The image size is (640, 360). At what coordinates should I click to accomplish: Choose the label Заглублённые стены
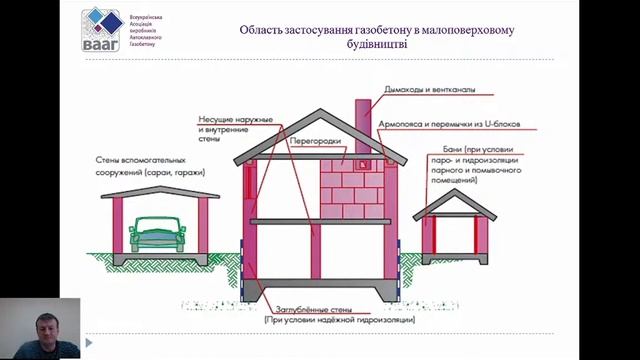tap(325, 301)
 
